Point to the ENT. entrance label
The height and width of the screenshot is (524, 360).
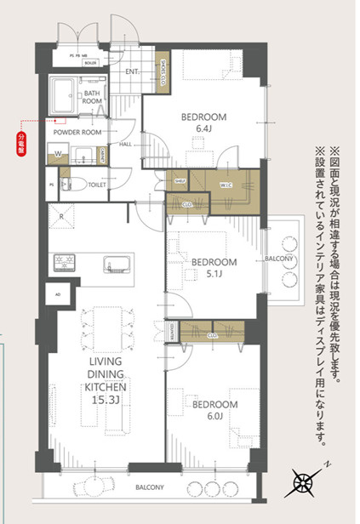[x=133, y=71]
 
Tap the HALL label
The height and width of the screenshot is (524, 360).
[x=124, y=145]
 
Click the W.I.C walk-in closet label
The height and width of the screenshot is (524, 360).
[x=226, y=185]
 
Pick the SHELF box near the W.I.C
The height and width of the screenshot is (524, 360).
[x=181, y=180]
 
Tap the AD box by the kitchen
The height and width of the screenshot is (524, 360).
[x=58, y=295]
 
